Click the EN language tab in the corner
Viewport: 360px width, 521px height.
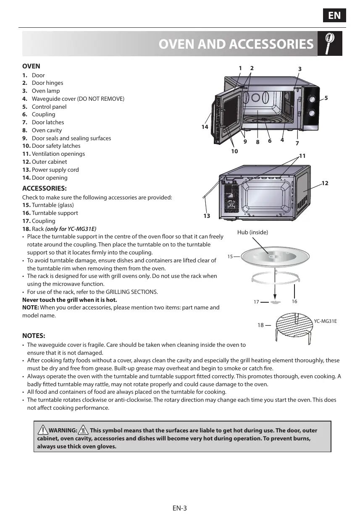pyautogui.click(x=334, y=16)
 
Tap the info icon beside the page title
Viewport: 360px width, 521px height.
pyautogui.click(x=330, y=43)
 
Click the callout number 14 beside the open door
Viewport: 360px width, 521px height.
pyautogui.click(x=205, y=126)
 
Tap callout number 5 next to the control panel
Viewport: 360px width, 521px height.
pyautogui.click(x=326, y=98)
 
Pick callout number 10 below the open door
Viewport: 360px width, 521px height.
pyautogui.click(x=234, y=151)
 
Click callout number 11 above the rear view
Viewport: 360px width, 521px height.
pyautogui.click(x=302, y=156)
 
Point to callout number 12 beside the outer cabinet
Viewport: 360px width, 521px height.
pyautogui.click(x=325, y=183)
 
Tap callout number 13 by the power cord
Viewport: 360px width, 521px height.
pyautogui.click(x=206, y=216)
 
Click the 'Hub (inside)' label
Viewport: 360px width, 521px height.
pyautogui.click(x=252, y=232)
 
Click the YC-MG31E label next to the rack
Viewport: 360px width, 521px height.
pyautogui.click(x=326, y=321)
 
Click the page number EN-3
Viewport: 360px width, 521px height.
pyautogui.click(x=179, y=508)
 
